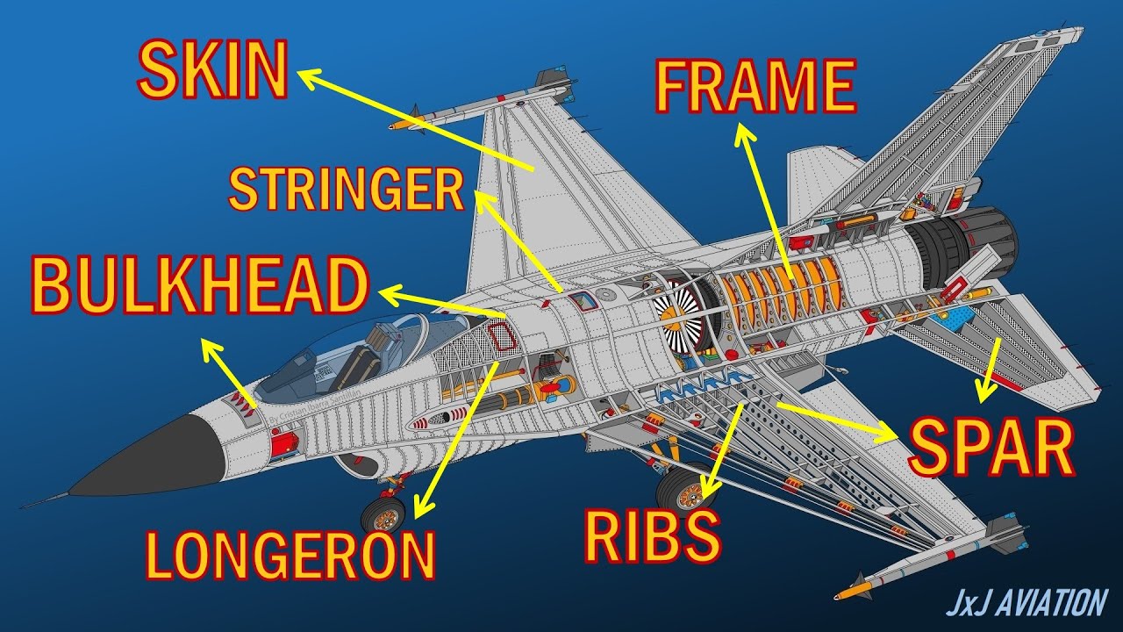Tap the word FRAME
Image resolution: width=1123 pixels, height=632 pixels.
755,87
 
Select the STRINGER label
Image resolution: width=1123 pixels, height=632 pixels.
346,190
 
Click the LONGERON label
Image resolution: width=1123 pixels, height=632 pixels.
290,555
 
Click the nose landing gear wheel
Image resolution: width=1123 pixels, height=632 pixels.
383,514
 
